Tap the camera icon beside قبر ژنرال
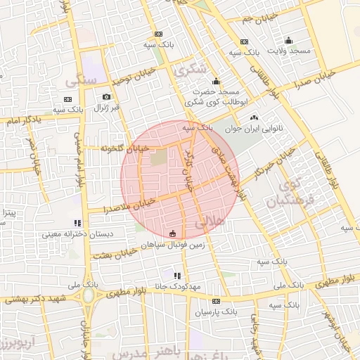[106, 97]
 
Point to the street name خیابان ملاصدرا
[129, 205]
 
